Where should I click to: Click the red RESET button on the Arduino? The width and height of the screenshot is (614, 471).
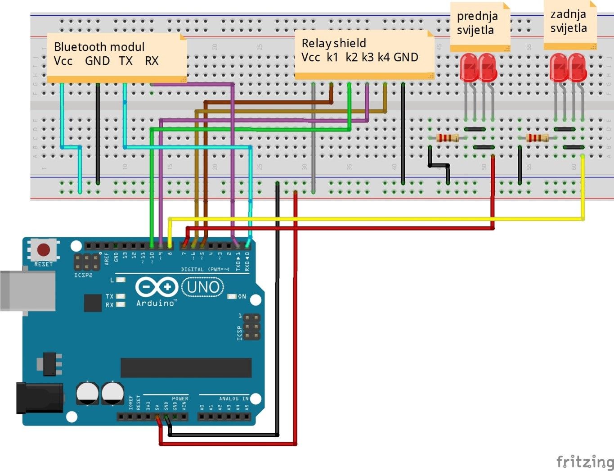click(x=44, y=249)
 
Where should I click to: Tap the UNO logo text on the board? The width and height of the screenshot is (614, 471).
click(x=202, y=287)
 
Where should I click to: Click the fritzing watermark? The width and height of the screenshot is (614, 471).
click(x=584, y=462)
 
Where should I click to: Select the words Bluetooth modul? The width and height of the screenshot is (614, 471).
click(x=99, y=47)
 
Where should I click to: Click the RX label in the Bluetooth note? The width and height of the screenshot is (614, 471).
click(x=152, y=61)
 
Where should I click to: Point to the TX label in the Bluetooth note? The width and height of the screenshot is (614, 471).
click(x=125, y=61)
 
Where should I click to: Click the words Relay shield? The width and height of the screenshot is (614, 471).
click(x=333, y=43)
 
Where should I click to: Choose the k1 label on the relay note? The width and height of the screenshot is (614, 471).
click(x=332, y=57)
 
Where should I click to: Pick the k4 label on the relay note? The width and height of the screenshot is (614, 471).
click(x=383, y=57)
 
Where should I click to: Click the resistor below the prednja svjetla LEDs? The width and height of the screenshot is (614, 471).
click(x=447, y=138)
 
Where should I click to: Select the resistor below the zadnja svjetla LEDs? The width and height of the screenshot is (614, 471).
click(x=537, y=138)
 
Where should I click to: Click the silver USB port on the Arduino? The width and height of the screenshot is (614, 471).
click(x=27, y=290)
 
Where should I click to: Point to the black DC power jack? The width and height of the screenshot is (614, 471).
click(x=38, y=398)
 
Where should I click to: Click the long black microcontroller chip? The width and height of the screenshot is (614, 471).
click(x=186, y=367)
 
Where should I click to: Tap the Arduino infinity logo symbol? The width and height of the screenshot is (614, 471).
click(x=157, y=287)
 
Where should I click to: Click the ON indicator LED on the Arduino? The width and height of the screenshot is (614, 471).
click(x=232, y=297)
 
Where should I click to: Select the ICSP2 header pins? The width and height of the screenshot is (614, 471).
click(x=87, y=262)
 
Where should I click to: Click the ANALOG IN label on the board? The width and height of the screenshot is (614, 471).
click(x=233, y=399)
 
